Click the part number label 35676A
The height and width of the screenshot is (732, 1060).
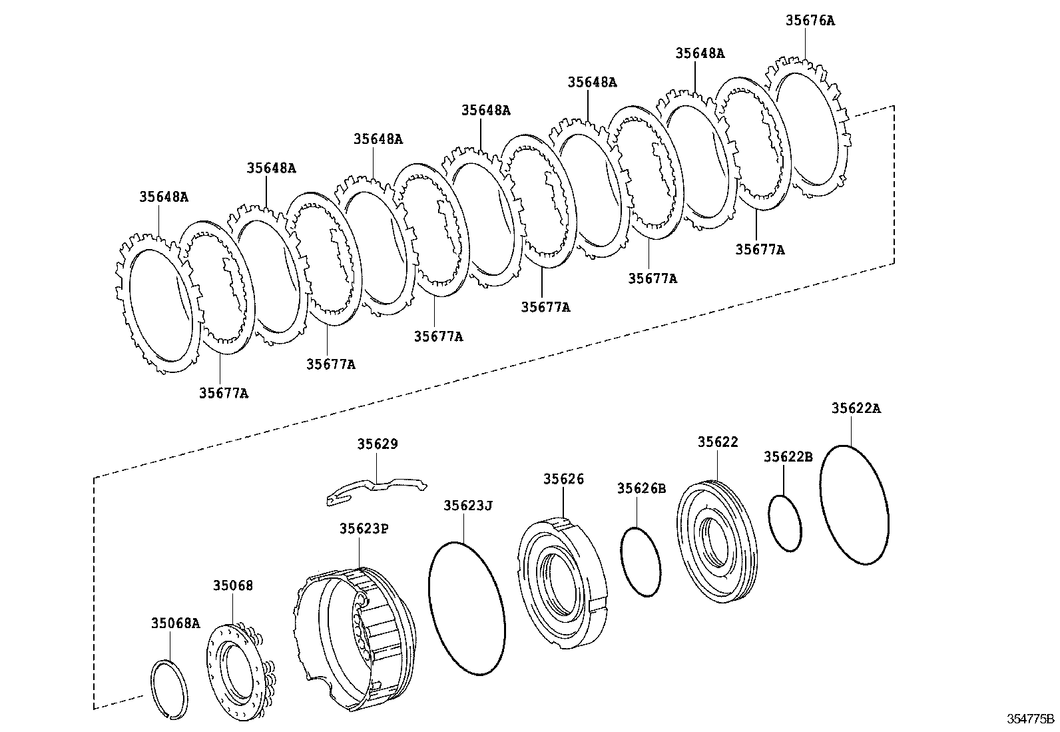pos(810,21)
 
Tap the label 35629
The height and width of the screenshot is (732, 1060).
pos(377,444)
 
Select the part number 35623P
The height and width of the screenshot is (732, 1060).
pos(364,528)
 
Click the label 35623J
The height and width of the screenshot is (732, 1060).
pos(468,506)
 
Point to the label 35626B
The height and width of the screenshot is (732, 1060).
pos(641,488)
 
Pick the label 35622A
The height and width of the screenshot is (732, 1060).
pos(856,408)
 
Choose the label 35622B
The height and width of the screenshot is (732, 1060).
pos(788,457)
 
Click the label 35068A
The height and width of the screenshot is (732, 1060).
pos(175,623)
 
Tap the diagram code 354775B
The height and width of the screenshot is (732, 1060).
pos(1030,719)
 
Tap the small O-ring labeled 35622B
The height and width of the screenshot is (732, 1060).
pos(785,523)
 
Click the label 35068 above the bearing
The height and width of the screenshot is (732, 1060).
pos(233,585)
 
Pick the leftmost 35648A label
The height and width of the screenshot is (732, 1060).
pos(164,197)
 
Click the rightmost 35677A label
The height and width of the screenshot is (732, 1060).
pos(760,250)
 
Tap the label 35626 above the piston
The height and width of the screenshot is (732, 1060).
pos(563,479)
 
